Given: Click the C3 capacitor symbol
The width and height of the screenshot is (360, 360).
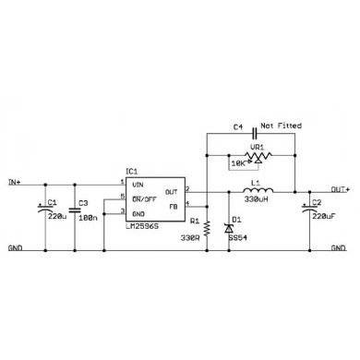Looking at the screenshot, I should (x=73, y=211).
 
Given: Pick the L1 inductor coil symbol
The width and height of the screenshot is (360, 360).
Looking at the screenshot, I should (x=252, y=191).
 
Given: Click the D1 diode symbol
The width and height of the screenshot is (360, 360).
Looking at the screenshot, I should (x=229, y=224).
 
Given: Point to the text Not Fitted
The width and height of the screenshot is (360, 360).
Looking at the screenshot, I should (x=282, y=125).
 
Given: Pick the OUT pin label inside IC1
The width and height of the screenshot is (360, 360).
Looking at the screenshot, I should (x=173, y=191).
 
